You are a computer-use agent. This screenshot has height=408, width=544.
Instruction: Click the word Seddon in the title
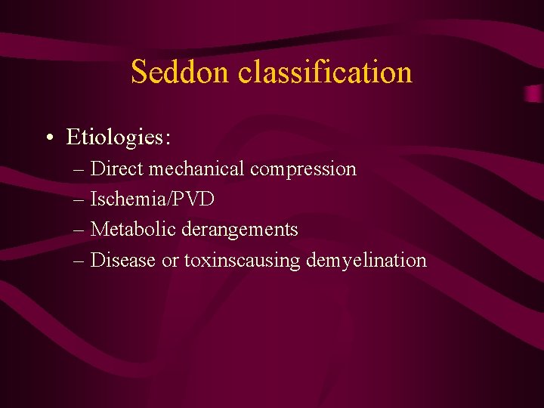tap(181, 73)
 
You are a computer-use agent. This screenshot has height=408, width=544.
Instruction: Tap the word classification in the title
tap(325, 73)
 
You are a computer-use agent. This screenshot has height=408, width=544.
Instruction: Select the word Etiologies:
tap(119, 138)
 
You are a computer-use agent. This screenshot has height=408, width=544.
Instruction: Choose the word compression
tap(303, 168)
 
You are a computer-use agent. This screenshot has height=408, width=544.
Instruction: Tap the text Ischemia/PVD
tap(152, 199)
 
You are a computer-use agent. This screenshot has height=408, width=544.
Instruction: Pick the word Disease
tap(122, 261)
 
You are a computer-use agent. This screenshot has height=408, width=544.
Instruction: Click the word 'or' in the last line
tap(169, 261)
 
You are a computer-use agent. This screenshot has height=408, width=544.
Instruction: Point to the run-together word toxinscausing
tap(242, 261)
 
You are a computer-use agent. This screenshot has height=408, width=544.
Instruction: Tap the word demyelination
tap(366, 261)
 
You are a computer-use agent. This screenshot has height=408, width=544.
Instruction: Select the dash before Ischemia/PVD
tap(79, 200)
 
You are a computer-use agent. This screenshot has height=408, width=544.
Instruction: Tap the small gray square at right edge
tap(534, 94)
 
